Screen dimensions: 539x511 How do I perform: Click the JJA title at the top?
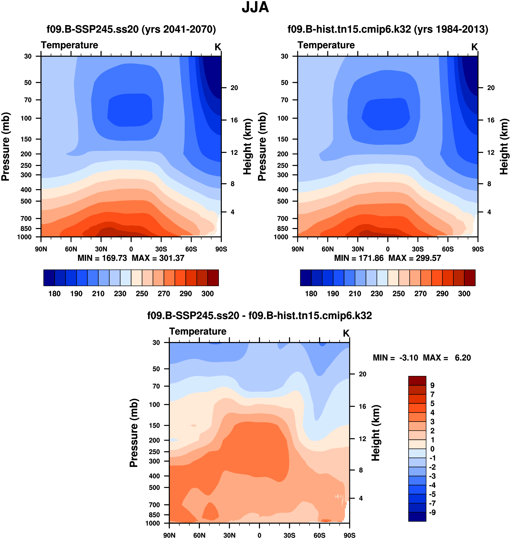(255, 8)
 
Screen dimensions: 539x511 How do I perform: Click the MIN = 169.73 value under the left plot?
(102, 258)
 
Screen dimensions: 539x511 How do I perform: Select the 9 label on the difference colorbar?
(432, 385)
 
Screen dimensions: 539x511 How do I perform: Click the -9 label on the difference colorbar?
(432, 512)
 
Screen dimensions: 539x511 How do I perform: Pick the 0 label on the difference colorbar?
(432, 449)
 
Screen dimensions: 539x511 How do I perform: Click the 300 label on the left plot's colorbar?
(208, 294)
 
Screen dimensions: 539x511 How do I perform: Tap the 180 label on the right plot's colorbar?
(311, 294)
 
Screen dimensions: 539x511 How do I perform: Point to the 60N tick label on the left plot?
(71, 249)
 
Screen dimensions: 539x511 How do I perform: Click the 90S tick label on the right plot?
(478, 249)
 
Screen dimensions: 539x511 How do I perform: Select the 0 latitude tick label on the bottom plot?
(259, 535)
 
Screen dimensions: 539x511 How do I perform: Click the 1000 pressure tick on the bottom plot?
(153, 523)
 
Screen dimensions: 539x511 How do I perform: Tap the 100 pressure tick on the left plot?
(26, 118)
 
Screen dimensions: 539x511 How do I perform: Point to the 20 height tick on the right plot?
(491, 88)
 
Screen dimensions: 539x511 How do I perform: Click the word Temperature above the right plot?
(326, 45)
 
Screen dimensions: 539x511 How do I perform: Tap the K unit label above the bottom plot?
(346, 333)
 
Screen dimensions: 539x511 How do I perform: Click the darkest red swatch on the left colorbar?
(213, 278)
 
